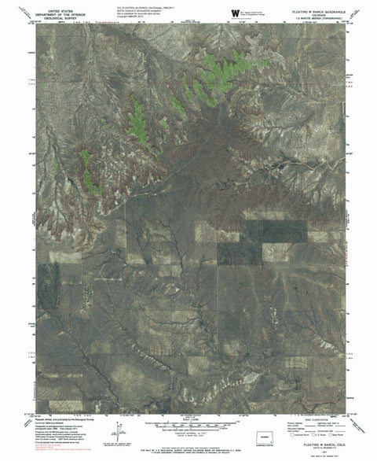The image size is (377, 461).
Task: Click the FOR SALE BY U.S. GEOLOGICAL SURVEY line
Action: click(x=188, y=446)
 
